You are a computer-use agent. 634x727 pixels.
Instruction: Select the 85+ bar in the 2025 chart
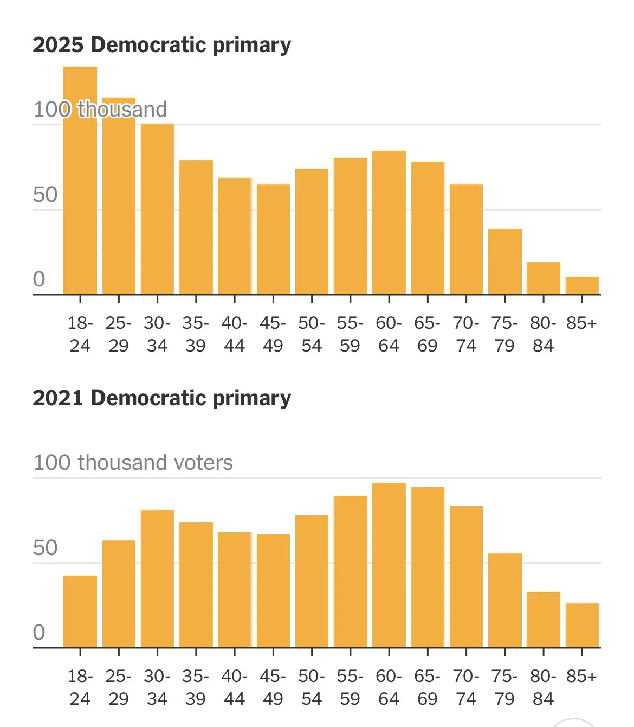tap(582, 286)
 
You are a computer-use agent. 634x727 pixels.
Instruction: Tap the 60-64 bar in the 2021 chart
tap(389, 565)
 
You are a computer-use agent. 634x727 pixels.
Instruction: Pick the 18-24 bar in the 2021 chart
tap(80, 611)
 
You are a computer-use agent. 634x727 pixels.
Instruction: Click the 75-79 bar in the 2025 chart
tap(505, 262)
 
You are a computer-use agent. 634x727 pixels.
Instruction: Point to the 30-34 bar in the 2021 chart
tap(157, 578)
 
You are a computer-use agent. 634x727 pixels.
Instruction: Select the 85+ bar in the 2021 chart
tap(582, 625)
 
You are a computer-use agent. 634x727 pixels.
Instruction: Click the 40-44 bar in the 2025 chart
tap(235, 236)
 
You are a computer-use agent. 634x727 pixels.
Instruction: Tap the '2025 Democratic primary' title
tap(161, 44)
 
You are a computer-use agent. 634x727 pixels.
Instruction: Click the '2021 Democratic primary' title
tap(161, 398)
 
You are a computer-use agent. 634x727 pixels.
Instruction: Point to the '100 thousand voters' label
tap(133, 463)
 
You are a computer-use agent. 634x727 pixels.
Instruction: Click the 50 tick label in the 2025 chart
tap(45, 195)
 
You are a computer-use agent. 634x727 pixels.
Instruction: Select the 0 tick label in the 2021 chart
tap(39, 632)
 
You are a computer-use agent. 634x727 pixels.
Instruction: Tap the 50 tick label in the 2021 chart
tap(45, 548)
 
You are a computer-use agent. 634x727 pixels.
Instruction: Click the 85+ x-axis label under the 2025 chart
tap(581, 323)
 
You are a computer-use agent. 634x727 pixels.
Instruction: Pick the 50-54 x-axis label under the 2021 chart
tap(312, 687)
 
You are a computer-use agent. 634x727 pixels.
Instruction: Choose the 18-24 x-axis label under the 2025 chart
tap(80, 334)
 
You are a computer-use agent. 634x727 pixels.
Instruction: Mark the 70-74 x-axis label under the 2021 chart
tap(466, 687)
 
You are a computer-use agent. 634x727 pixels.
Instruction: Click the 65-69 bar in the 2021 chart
tap(428, 567)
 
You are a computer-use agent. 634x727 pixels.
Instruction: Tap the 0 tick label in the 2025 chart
tap(39, 279)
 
